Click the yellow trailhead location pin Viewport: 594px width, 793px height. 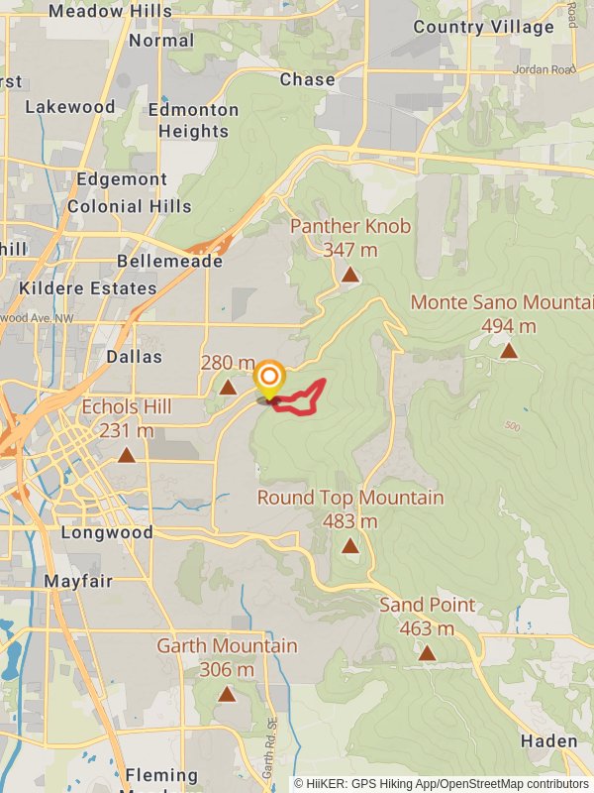click(x=269, y=380)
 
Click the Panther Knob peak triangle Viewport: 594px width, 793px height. click(x=350, y=275)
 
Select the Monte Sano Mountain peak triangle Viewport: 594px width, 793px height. click(x=509, y=350)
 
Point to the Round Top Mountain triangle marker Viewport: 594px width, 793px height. click(x=350, y=545)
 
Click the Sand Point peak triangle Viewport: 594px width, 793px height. click(x=427, y=652)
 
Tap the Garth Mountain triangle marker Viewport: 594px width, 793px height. click(x=227, y=694)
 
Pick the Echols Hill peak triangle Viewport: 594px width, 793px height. click(x=126, y=455)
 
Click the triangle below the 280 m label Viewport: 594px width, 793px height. click(x=228, y=388)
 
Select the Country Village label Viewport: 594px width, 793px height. click(x=483, y=27)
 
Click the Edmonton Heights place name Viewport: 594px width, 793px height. click(x=194, y=120)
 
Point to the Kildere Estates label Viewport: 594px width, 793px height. click(x=88, y=288)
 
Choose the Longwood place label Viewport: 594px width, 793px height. click(x=107, y=532)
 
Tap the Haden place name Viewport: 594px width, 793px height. click(x=549, y=741)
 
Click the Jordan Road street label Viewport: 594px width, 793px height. click(x=544, y=69)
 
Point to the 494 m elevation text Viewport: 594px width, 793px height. click(x=509, y=326)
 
